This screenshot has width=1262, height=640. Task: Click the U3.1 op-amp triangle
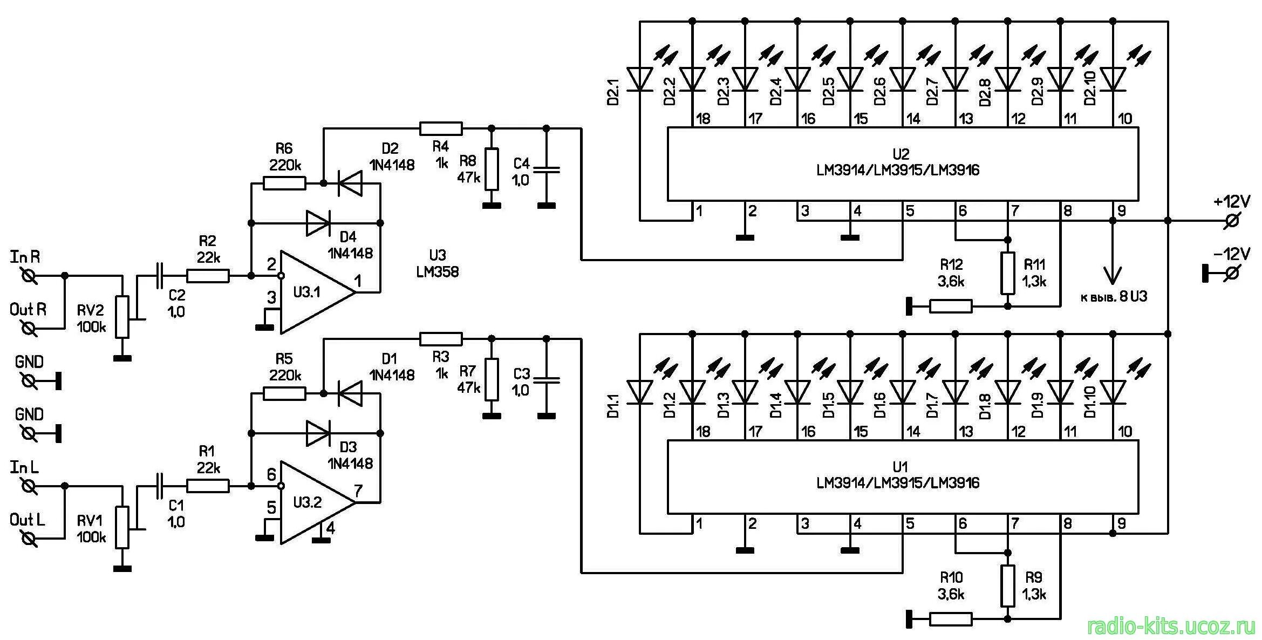[317, 292]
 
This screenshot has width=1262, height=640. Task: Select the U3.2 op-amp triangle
[317, 502]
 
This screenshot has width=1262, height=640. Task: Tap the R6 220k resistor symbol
[284, 183]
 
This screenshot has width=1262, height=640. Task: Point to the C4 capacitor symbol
[546, 170]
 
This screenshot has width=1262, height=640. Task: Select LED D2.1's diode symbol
[640, 79]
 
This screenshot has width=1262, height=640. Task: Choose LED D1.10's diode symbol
[1113, 392]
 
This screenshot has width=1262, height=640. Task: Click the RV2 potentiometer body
[122, 317]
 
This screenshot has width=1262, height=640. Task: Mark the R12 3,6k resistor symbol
[951, 307]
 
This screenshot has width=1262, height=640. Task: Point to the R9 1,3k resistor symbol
[1007, 586]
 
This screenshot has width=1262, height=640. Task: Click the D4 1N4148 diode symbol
[318, 222]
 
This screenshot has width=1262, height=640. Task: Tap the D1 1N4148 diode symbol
[350, 394]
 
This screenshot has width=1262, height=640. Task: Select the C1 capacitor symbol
[160, 486]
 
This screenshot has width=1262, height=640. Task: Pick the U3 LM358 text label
[437, 263]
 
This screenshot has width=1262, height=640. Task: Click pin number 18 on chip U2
[703, 119]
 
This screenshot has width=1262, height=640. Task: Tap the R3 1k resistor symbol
[441, 339]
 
